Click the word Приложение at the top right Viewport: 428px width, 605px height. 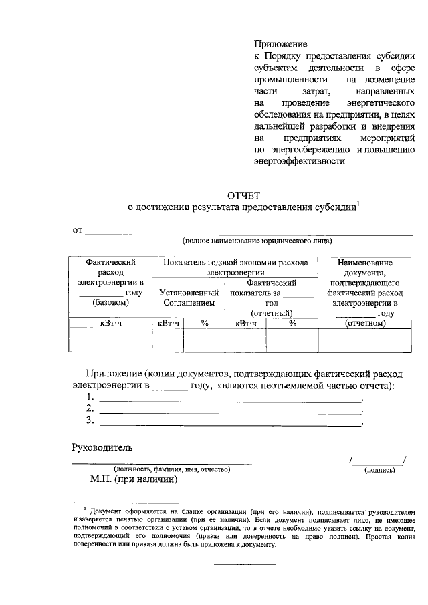(x=280, y=43)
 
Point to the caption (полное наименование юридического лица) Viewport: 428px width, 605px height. (x=257, y=240)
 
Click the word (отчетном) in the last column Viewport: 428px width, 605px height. (x=364, y=323)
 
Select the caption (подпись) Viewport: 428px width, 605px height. (x=379, y=471)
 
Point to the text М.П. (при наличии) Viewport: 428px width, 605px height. (x=134, y=479)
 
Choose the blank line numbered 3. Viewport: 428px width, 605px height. (x=230, y=422)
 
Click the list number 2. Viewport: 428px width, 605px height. (x=90, y=408)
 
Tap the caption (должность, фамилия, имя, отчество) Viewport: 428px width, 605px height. (x=172, y=470)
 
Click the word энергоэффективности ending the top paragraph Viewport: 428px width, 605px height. (x=299, y=161)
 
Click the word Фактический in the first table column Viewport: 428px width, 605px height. (x=111, y=263)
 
